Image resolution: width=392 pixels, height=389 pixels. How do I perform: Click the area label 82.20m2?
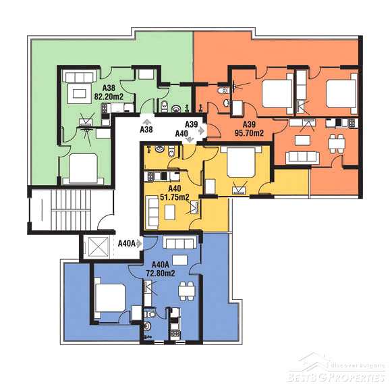click(x=109, y=97)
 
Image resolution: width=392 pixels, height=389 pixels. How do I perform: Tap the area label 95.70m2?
click(x=249, y=132)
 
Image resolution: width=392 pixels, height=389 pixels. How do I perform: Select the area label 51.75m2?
click(x=175, y=197)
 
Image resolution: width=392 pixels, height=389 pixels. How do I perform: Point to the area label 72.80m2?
click(x=161, y=273)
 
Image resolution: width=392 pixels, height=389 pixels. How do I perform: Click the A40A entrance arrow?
click(x=139, y=243)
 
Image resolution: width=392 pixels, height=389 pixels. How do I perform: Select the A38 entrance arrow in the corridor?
click(x=146, y=122)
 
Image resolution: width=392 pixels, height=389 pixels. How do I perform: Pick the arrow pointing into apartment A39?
click(x=202, y=130)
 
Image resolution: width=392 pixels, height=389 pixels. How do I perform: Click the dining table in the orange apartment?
click(x=337, y=144)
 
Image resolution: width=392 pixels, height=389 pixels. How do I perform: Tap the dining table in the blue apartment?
click(x=186, y=291)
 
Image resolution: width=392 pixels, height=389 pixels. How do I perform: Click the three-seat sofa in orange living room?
click(x=302, y=157)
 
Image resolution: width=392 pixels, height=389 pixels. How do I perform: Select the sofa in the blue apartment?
click(x=179, y=242)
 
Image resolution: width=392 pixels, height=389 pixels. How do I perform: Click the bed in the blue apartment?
click(x=110, y=298)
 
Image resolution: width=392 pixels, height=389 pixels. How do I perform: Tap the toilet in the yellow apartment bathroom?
click(x=171, y=151)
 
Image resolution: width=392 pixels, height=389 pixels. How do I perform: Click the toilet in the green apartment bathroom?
click(x=164, y=105)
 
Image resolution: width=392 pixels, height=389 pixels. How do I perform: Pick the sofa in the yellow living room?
click(x=152, y=213)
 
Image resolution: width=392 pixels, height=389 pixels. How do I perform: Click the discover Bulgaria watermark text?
click(x=358, y=365)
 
